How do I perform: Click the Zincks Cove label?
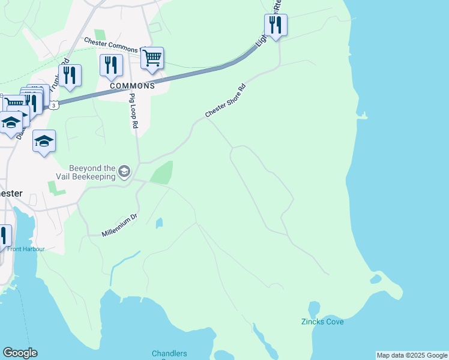pyautogui.click(x=322, y=322)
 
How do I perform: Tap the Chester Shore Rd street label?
pyautogui.click(x=226, y=101)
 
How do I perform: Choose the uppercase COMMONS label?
pyautogui.click(x=132, y=86)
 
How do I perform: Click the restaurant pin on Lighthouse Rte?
pyautogui.click(x=276, y=25)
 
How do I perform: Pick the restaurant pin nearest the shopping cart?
pyautogui.click(x=111, y=65)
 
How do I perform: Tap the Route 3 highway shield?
pyautogui.click(x=54, y=106)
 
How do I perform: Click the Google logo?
pyautogui.click(x=20, y=353)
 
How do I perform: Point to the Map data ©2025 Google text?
pyautogui.click(x=412, y=355)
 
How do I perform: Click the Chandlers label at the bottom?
pyautogui.click(x=169, y=354)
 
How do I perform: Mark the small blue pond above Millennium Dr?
pyautogui.click(x=158, y=223)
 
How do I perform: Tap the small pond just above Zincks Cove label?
pyautogui.click(x=313, y=308)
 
